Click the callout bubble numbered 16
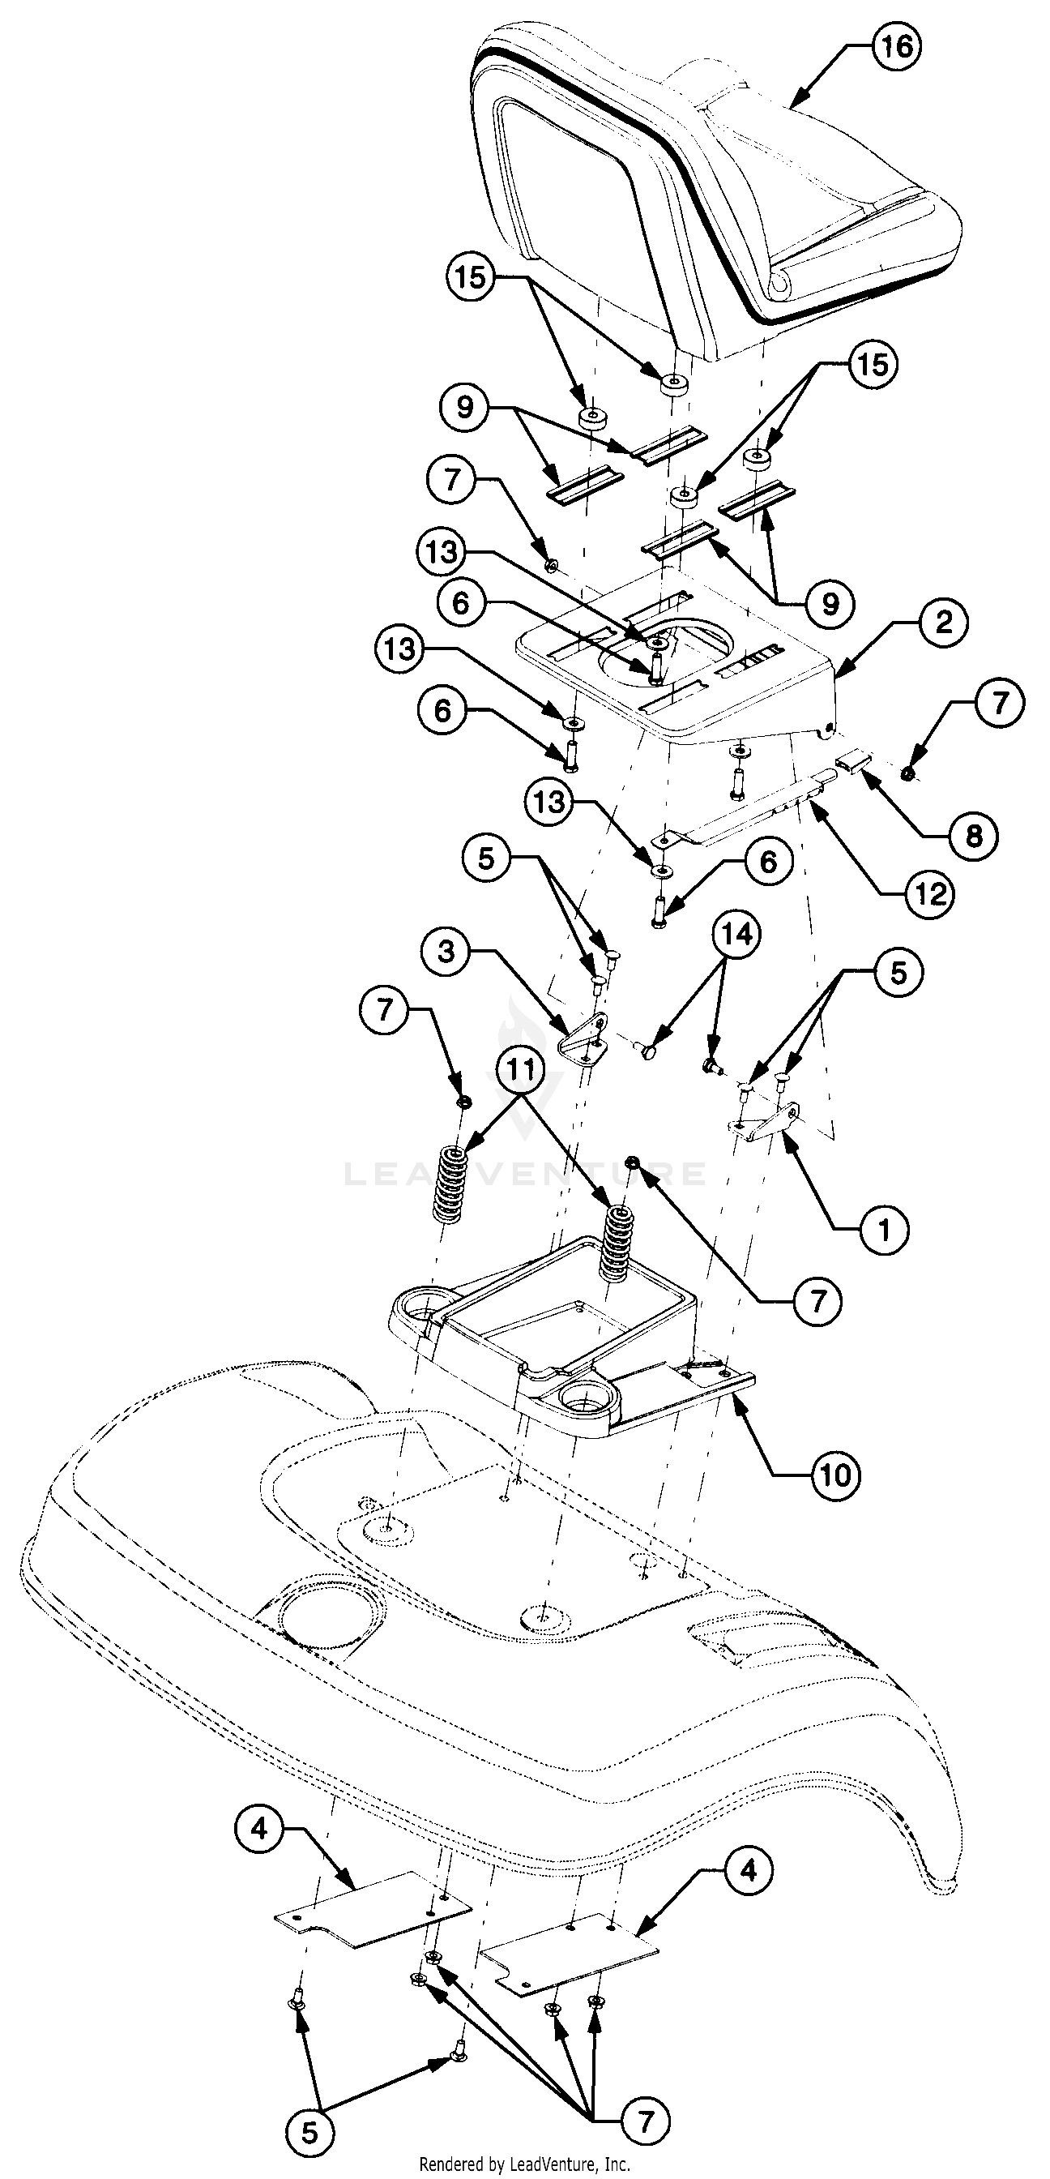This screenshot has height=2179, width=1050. pos(896,45)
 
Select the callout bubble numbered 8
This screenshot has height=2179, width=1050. pos(973,837)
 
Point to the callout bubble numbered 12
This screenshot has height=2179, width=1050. pos(930,894)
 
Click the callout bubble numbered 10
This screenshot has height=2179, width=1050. pos(835,1476)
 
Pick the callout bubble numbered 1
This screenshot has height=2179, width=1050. pos(884,1228)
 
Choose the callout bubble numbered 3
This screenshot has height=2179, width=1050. pos(446,952)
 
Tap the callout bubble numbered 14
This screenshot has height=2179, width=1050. pos(736,935)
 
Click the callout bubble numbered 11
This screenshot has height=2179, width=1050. pos(522,1069)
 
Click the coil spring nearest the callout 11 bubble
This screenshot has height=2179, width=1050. pos(450,1185)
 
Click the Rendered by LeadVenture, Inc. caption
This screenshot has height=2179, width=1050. pos(524,2163)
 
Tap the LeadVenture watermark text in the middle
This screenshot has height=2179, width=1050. pos(524,1174)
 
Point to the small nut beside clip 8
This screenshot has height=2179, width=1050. pos(907,772)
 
